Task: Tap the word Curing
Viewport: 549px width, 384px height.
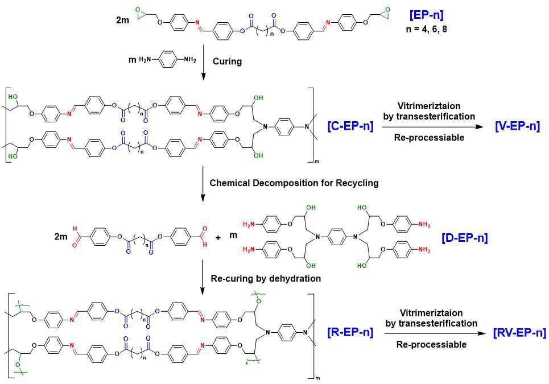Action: [227, 61]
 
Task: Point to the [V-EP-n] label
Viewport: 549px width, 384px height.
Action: [517, 126]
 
